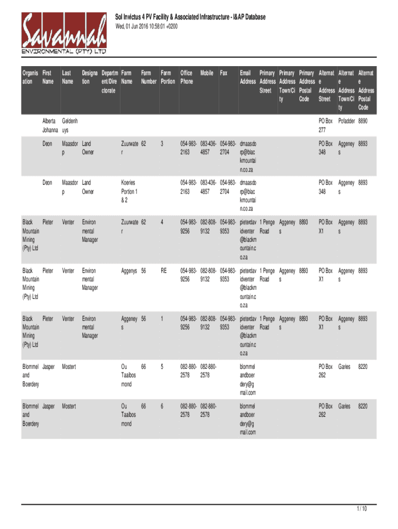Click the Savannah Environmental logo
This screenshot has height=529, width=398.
click(x=64, y=34)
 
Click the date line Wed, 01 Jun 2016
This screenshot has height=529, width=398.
click(x=146, y=26)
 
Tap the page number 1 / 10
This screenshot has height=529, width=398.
click(x=361, y=509)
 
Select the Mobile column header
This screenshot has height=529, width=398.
click(x=207, y=73)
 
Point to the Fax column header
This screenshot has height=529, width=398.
click(x=223, y=73)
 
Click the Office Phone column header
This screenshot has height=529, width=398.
click(x=187, y=77)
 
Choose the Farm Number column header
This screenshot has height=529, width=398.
click(x=149, y=77)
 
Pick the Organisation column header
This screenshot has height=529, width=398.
click(x=30, y=77)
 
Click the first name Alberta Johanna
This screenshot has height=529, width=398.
click(x=50, y=126)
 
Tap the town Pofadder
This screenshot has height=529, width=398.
click(x=346, y=121)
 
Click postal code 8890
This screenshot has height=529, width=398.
click(x=363, y=121)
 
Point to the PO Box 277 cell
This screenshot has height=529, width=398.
click(x=326, y=126)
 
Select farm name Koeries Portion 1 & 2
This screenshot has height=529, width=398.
click(x=128, y=191)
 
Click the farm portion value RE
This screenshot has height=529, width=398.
click(x=164, y=271)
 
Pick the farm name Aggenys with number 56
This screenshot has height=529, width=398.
click(x=129, y=271)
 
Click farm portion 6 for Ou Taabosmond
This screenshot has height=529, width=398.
click(x=162, y=407)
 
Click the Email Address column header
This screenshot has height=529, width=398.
click(x=248, y=77)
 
